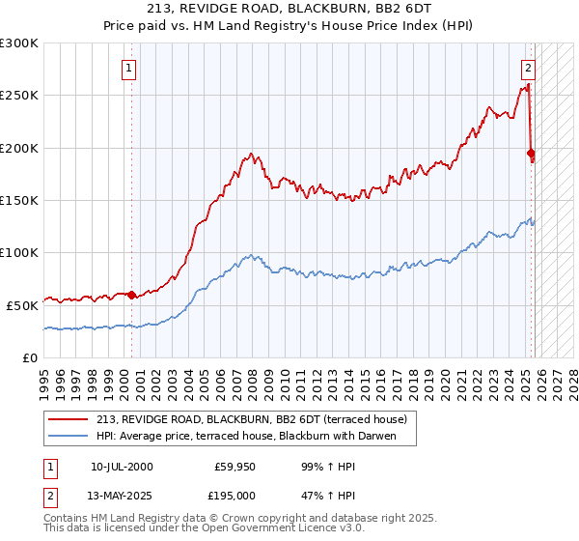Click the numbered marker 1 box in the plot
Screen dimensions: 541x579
[129, 68]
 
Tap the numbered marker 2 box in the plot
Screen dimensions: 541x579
[529, 68]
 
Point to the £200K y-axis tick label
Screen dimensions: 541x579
[19, 148]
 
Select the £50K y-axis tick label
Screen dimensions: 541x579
[23, 304]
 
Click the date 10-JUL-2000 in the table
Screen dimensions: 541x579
[122, 467]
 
